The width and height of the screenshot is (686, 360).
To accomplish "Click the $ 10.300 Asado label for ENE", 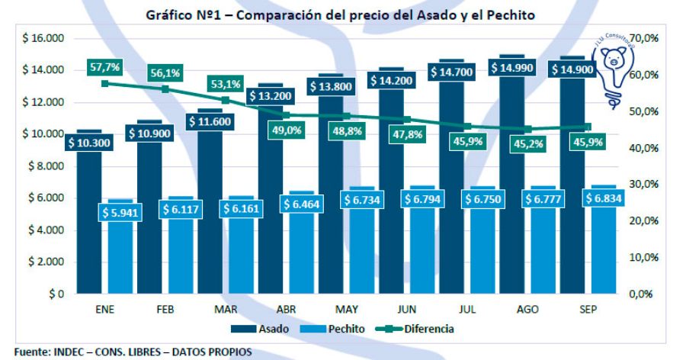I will click(90, 143).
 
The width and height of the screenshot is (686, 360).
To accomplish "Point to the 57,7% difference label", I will click(106, 68).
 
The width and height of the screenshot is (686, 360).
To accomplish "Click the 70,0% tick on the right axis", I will click(648, 38).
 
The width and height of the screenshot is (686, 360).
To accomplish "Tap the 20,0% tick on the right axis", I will click(648, 220).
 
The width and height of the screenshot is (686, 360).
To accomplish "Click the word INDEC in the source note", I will click(71, 352).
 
